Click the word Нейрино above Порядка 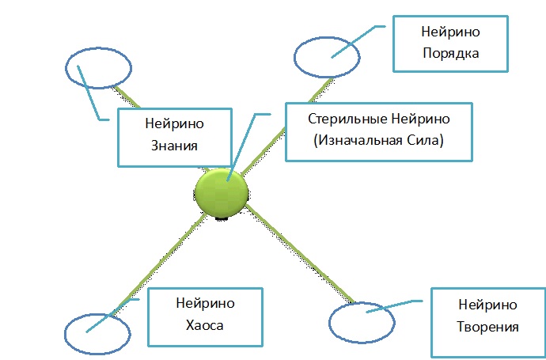452,32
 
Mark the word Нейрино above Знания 175,124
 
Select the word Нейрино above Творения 487,305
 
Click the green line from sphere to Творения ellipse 293,252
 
